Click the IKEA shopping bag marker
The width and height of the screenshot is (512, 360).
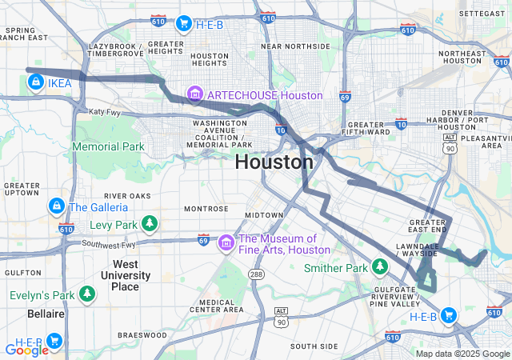coord(36,82)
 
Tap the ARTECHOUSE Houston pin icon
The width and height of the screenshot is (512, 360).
coord(194,95)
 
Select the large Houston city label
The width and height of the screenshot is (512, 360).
coord(274,162)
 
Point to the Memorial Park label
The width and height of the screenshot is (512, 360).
coord(108,146)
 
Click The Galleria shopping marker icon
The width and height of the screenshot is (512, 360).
coord(55,206)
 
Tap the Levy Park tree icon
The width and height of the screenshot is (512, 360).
coord(148,222)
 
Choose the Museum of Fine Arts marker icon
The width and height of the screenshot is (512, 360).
coord(226,242)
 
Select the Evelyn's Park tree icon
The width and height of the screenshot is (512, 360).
coord(86,294)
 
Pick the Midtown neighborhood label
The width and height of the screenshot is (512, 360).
coord(263,215)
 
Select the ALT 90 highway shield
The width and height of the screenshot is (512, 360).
coord(280,316)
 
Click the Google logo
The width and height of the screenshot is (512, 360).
coord(26,350)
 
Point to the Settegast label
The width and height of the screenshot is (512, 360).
coord(482,14)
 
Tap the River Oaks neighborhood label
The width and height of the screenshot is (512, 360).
coord(126,195)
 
